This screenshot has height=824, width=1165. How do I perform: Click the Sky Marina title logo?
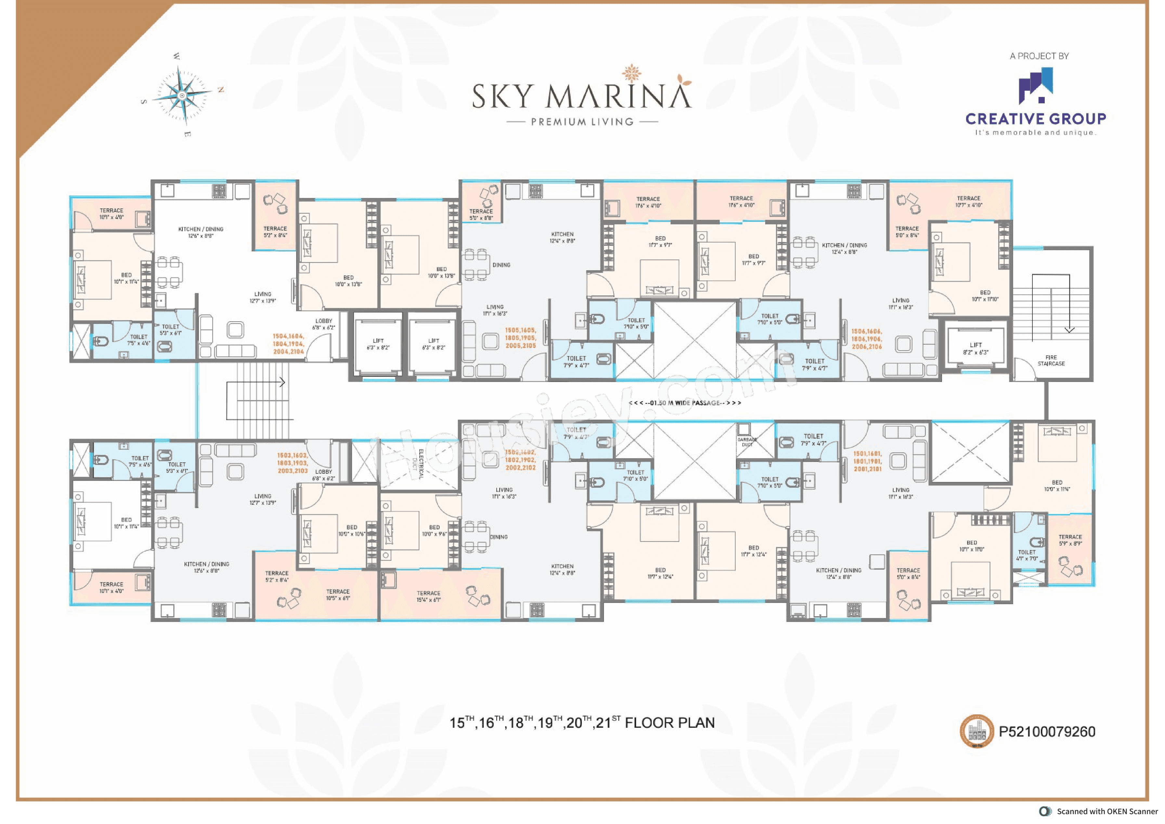(x=582, y=97)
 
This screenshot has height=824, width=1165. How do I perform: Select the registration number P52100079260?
(x=1047, y=732)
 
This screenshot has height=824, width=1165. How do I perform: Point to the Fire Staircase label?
(x=1051, y=361)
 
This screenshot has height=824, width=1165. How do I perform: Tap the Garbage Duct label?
(x=747, y=442)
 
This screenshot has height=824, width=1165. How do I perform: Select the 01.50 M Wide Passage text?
(x=685, y=403)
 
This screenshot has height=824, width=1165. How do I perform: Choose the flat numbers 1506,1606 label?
(x=867, y=339)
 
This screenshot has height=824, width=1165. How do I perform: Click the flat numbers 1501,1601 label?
(x=867, y=461)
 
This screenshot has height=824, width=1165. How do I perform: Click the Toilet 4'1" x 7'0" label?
(x=1027, y=555)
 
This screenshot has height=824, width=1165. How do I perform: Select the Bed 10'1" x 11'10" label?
(x=985, y=296)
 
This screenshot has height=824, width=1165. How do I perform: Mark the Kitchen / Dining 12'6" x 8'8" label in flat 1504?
(x=201, y=232)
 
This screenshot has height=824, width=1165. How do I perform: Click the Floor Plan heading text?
(x=582, y=723)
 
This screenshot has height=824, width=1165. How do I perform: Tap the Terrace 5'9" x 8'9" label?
(x=1070, y=540)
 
